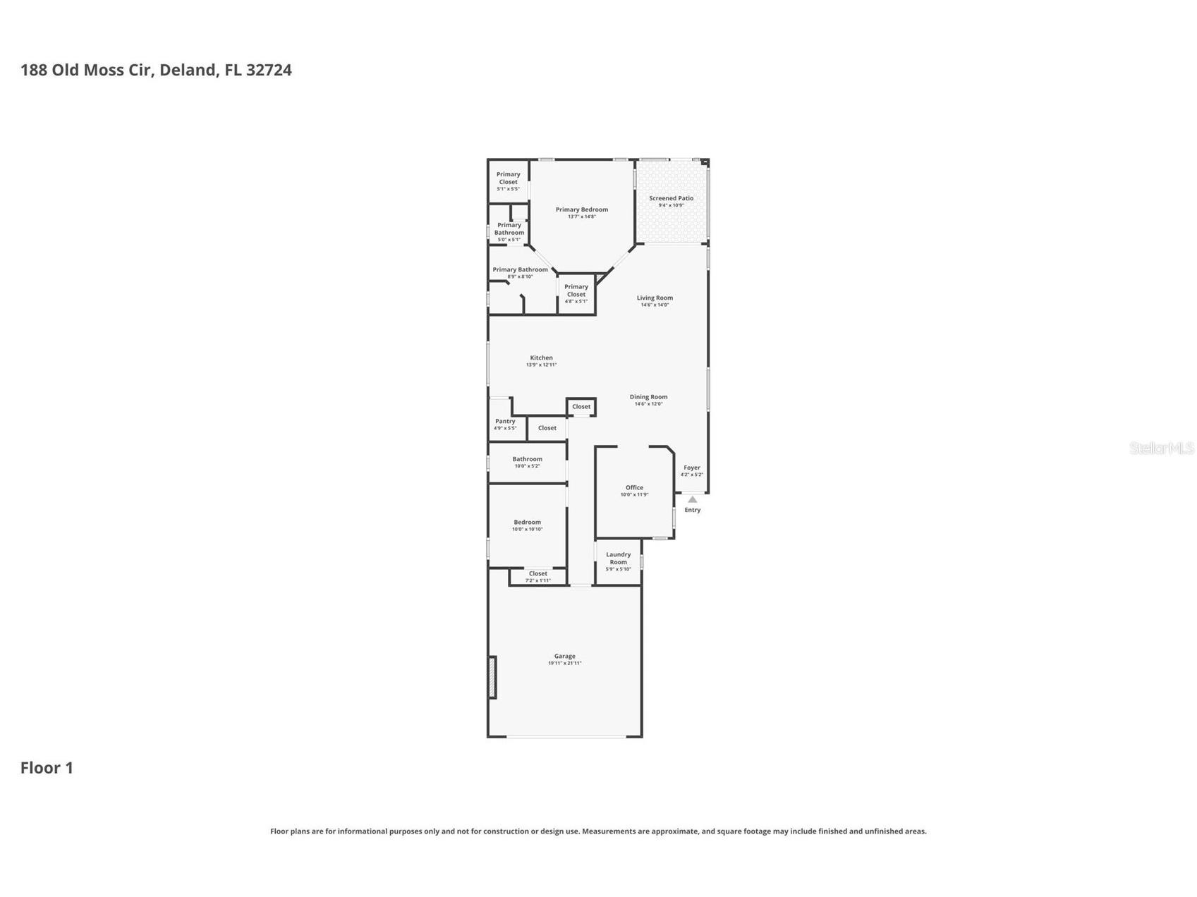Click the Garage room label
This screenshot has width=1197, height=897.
point(564,657)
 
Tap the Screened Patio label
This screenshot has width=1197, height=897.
point(671,199)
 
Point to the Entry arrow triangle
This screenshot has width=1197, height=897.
point(692,499)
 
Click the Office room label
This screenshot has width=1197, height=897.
point(634,488)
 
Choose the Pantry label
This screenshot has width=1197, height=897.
point(505,422)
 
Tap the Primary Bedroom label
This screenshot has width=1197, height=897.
point(581,209)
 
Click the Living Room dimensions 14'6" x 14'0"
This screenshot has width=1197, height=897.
point(655,305)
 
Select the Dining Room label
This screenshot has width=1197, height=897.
point(648,397)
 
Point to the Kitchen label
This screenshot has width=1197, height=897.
point(541,358)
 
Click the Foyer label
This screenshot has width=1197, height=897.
point(691,468)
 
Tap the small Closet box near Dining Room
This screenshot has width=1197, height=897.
point(581,407)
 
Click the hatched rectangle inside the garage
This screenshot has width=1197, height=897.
point(492,678)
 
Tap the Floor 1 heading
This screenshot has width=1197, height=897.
point(47,768)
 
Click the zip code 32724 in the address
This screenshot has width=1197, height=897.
point(269,70)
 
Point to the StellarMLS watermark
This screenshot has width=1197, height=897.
point(1161,448)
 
